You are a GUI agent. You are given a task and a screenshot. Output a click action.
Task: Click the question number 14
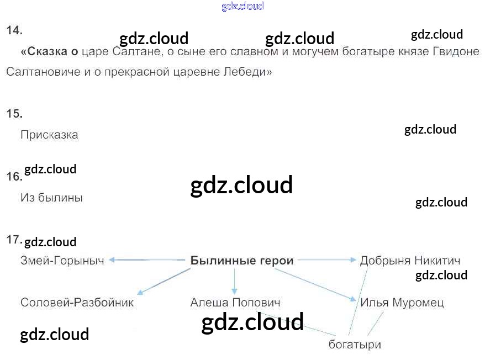coord(14,31)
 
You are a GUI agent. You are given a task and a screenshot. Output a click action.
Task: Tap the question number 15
coord(14,114)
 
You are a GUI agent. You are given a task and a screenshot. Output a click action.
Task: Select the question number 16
coord(14,177)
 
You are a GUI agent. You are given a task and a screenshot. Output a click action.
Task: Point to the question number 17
coord(14,240)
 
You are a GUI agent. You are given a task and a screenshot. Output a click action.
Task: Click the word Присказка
coord(49,135)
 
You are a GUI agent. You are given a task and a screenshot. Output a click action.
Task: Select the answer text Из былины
coord(51,198)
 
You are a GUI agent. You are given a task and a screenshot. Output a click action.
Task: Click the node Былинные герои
coord(242,261)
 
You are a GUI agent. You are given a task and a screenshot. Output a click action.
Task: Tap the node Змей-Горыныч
coord(62,261)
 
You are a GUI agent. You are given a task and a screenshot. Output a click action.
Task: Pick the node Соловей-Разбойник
coord(77,303)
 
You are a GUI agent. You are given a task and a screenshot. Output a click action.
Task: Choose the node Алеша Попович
coord(235,303)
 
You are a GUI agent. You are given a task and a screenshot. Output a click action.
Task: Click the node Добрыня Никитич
coord(410,261)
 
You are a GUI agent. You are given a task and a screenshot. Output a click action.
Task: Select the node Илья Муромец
coord(402,303)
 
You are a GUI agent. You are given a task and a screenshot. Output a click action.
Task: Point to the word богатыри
coord(355,345)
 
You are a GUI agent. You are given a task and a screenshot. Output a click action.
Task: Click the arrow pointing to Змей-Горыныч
coord(146,260)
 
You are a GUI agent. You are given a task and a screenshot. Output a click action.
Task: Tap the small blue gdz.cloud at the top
coord(242,6)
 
